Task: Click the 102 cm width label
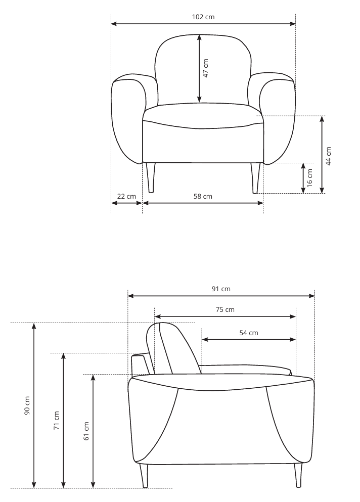click(203, 17)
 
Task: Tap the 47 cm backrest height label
click(206, 68)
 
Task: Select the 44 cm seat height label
click(328, 156)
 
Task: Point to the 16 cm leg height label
click(309, 178)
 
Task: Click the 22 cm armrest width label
click(126, 196)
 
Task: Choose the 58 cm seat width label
click(203, 196)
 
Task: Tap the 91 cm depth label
click(221, 289)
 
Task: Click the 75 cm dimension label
click(225, 309)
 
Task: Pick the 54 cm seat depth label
click(249, 333)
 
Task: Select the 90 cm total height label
click(27, 405)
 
